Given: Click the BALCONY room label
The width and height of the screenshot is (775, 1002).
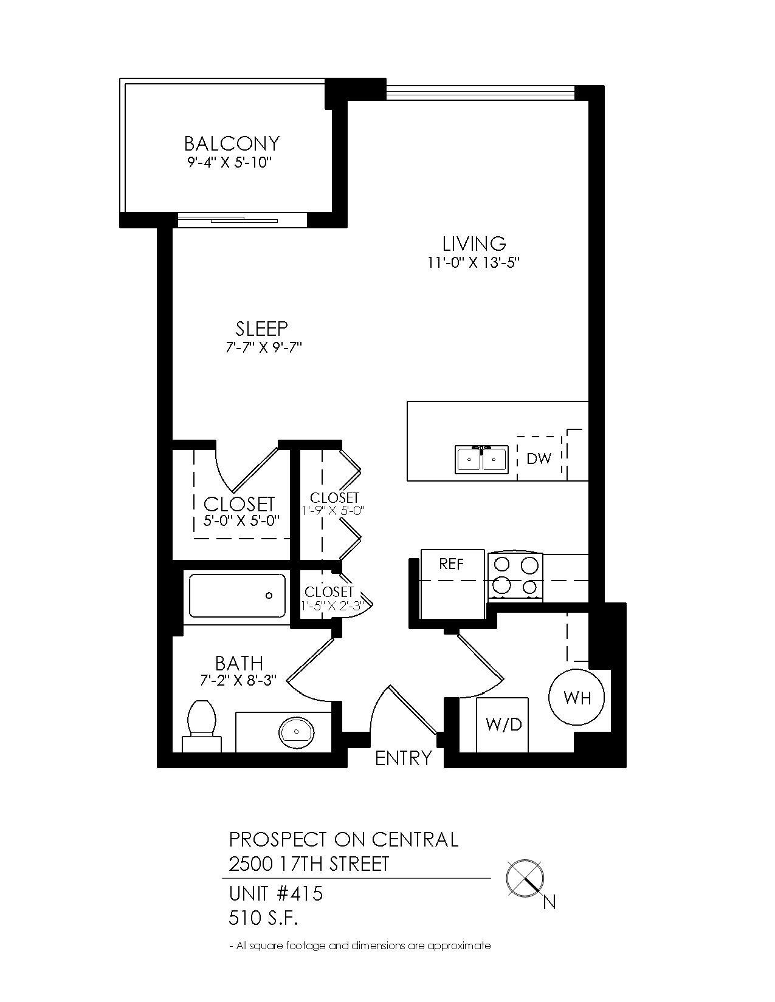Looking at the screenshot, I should [232, 144].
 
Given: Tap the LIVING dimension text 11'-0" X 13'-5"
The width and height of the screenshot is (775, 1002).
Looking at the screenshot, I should [474, 263].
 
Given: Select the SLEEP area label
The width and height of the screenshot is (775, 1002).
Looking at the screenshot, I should [262, 329].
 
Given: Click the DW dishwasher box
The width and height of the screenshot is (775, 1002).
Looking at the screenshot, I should [539, 458].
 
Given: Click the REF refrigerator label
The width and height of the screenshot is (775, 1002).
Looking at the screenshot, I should [452, 564].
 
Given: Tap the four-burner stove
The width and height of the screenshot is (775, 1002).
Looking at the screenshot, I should [515, 576].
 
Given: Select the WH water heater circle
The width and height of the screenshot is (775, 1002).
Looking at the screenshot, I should [577, 697].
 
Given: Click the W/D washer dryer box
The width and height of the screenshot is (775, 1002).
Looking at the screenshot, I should [503, 724].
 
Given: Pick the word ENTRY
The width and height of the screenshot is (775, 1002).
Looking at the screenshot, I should [404, 758].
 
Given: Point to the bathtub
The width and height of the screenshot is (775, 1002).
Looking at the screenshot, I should [237, 596].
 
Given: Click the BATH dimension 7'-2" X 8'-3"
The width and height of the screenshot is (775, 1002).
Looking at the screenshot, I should [239, 681].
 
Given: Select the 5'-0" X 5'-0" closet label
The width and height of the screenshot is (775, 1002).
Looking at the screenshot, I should [240, 521].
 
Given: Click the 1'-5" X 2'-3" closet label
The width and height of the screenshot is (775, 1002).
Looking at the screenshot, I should [332, 605].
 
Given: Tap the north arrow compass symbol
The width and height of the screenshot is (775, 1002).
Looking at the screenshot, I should [525, 879].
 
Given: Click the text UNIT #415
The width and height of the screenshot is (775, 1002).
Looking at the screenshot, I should [275, 894].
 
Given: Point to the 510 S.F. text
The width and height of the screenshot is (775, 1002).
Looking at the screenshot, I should [263, 918].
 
